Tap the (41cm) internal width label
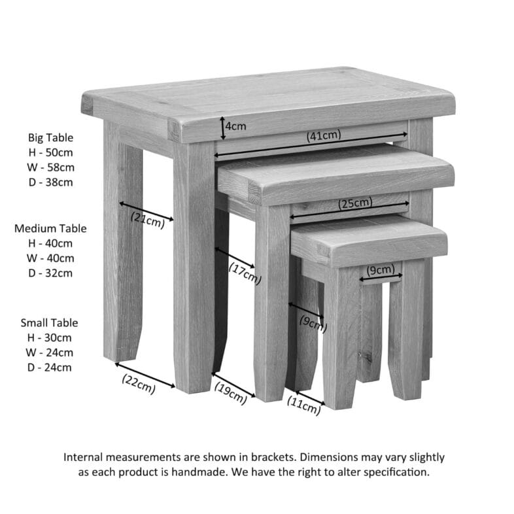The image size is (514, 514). point(324,135)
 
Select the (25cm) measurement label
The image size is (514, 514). point(355,203)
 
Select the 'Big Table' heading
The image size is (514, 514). point(50,138)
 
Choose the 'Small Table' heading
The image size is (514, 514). point(49,323)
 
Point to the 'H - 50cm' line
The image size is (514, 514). point(50,152)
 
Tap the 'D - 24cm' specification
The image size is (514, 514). point(49,368)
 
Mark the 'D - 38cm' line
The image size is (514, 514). point(50,182)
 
